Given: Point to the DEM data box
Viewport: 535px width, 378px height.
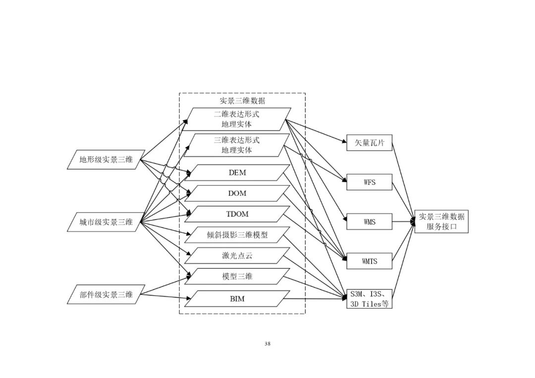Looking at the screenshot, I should (x=237, y=173).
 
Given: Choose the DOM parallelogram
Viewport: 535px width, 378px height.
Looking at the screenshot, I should (x=237, y=193).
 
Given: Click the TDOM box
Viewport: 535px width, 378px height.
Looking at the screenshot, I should (x=237, y=214).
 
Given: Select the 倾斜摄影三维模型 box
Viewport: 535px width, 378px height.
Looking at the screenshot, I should (x=237, y=235).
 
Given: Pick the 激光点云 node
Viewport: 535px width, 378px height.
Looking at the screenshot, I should (x=237, y=256).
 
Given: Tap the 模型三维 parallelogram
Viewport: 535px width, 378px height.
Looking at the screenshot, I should (x=237, y=276).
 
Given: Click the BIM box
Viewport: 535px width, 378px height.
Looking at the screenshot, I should (x=237, y=299).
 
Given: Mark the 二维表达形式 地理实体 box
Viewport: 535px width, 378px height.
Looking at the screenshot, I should (x=237, y=119).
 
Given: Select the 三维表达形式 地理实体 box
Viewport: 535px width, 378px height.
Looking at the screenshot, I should (x=237, y=145).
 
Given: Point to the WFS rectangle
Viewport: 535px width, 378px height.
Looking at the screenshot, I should (x=369, y=182).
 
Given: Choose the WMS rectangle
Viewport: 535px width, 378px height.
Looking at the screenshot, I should (x=369, y=222).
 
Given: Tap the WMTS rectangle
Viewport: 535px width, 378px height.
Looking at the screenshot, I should (x=369, y=261).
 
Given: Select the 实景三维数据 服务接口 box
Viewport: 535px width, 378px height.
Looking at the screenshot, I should (x=441, y=221).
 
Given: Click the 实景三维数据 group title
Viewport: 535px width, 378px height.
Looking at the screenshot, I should (x=242, y=101).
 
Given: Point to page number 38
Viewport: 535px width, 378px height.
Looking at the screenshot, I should (x=267, y=344).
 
